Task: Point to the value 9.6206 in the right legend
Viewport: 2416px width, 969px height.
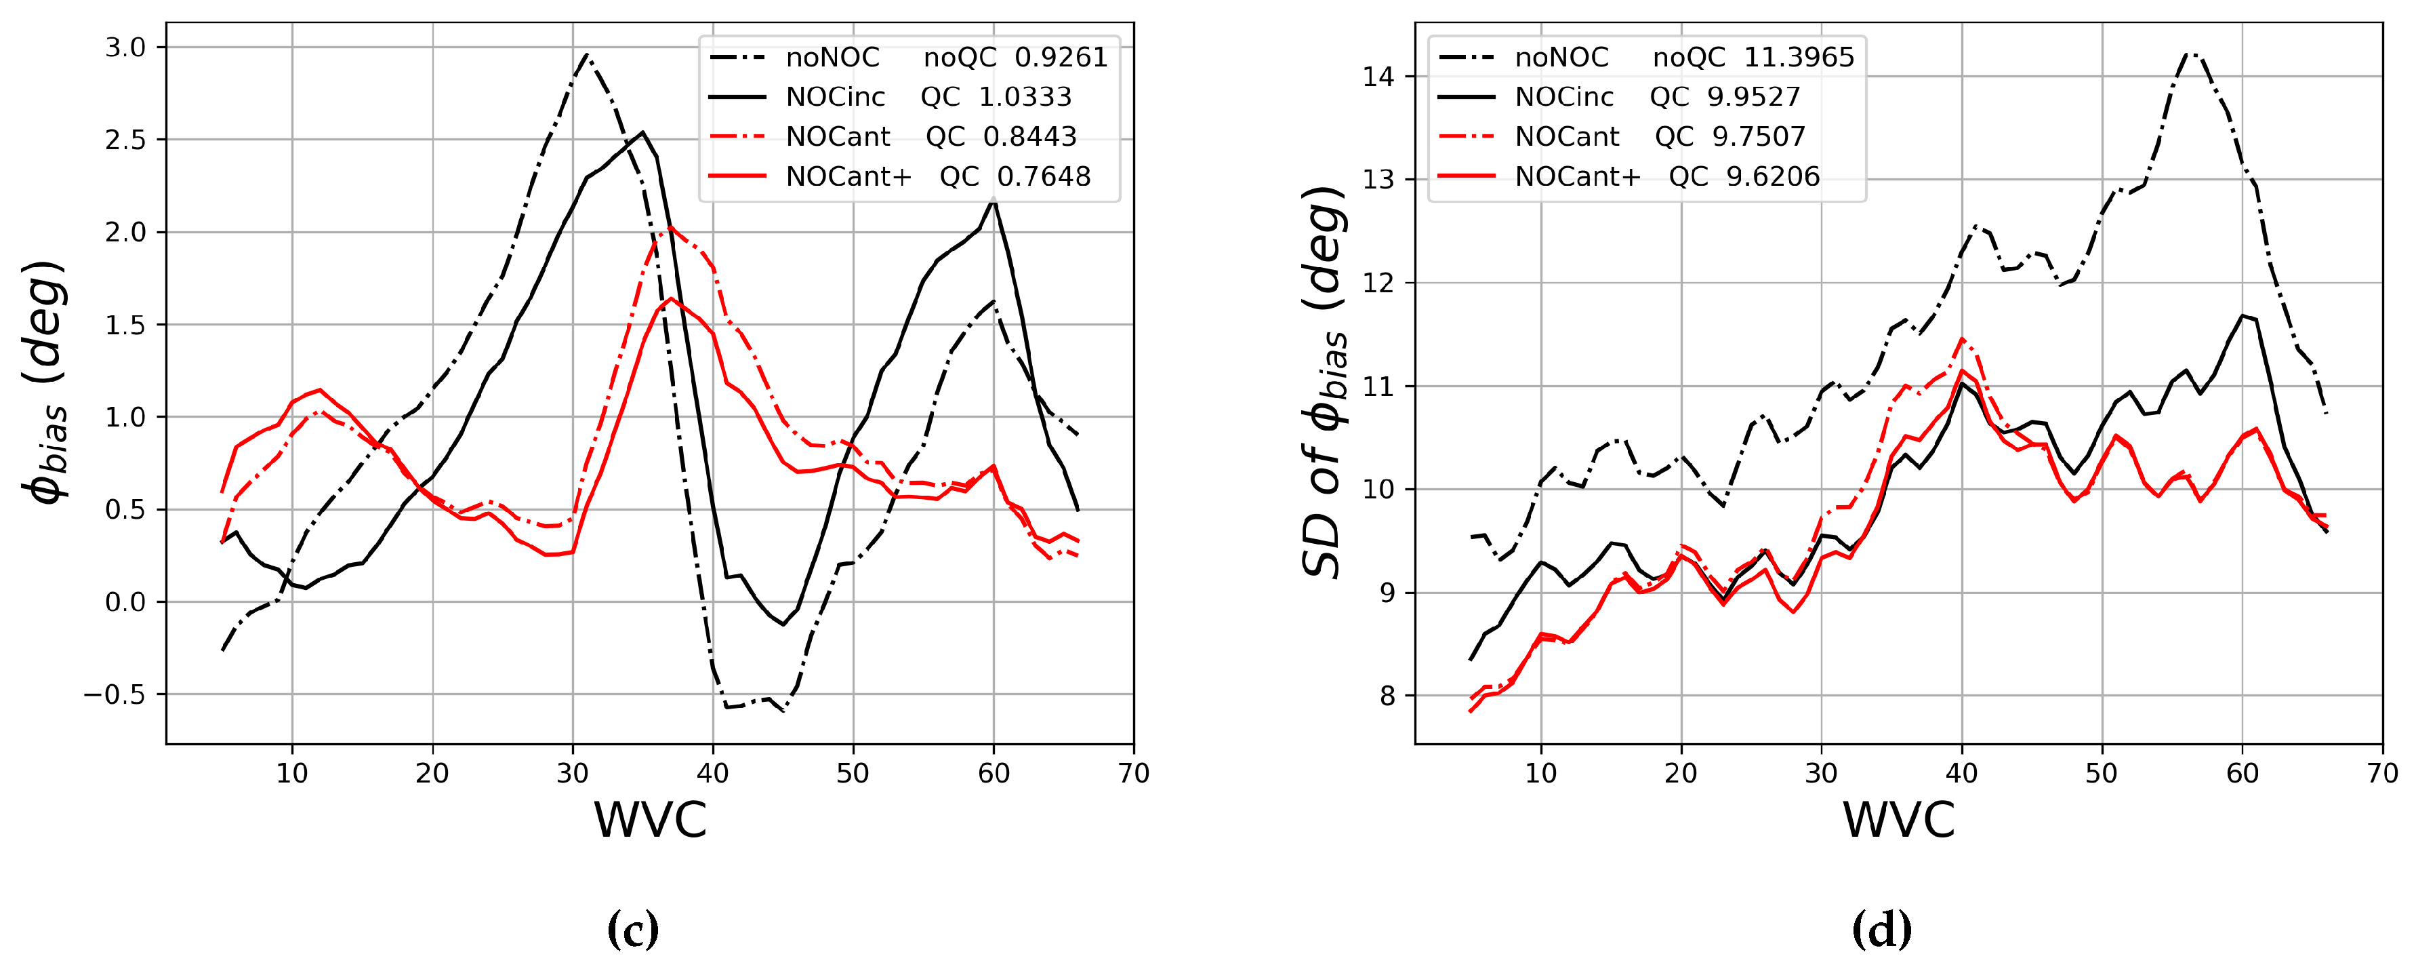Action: tap(1773, 176)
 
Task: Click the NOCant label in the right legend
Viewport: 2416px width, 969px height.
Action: tap(1566, 137)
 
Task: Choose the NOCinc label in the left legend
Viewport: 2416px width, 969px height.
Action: tap(835, 98)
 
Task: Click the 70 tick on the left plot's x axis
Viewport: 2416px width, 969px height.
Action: tap(1134, 774)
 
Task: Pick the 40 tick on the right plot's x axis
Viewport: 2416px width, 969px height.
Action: tap(1961, 774)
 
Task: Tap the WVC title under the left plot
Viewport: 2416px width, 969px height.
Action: tap(650, 820)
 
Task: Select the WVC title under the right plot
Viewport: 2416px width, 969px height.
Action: tap(1898, 820)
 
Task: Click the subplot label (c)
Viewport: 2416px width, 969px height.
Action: tap(633, 930)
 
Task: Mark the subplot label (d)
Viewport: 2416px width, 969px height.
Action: tap(1881, 930)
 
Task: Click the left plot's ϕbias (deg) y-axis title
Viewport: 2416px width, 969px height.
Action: tap(45, 382)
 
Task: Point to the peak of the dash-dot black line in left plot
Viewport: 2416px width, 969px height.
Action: tap(586, 54)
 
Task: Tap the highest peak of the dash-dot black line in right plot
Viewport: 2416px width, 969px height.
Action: tap(2189, 54)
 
